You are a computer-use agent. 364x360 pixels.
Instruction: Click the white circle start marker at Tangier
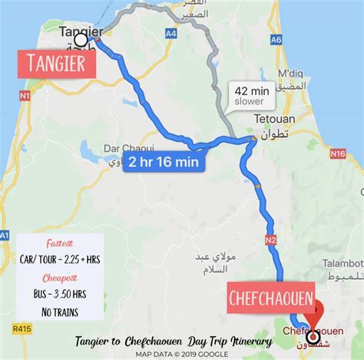pyautogui.click(x=81, y=39)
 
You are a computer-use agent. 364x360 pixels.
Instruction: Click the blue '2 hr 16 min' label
pyautogui.click(x=164, y=162)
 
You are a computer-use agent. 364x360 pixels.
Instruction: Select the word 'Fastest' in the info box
pyautogui.click(x=56, y=239)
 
